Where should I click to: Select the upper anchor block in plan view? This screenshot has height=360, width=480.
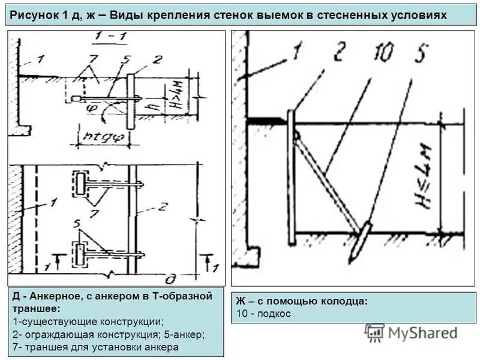click(x=80, y=182)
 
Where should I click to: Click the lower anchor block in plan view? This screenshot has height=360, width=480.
click(x=80, y=254)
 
